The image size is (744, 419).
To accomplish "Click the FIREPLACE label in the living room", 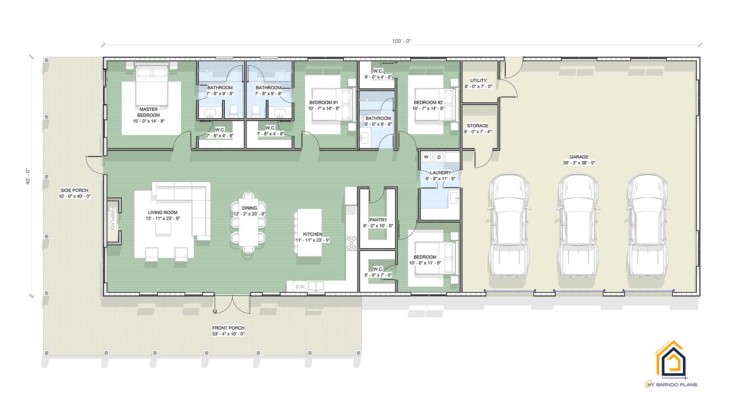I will click(x=113, y=219).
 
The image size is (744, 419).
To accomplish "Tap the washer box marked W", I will click(x=426, y=157).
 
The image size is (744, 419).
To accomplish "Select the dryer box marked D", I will click(x=439, y=157).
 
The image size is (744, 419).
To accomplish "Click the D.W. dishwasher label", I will click(x=301, y=287).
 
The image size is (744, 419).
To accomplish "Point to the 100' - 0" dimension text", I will click(x=401, y=41).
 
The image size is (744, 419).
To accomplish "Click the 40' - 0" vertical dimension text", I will click(x=28, y=177).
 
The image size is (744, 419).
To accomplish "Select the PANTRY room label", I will click(x=378, y=220).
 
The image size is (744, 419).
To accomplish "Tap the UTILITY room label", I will click(x=478, y=81).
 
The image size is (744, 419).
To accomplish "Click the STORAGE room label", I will click(x=477, y=126).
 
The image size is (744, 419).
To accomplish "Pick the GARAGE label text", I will click(x=579, y=157).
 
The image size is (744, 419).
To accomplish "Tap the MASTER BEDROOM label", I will click(x=148, y=112).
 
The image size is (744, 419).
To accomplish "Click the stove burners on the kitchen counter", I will click(x=351, y=243).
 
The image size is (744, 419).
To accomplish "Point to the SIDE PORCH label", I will click(x=74, y=190).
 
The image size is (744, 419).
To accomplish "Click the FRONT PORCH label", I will click(x=228, y=328).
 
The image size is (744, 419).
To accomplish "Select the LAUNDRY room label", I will click(x=440, y=173).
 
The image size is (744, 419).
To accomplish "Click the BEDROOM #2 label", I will click(x=428, y=103).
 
